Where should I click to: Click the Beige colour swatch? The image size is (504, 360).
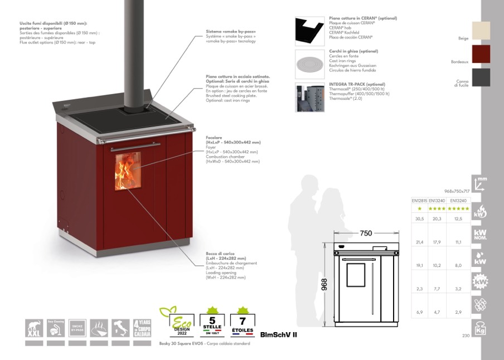[x=481, y=30]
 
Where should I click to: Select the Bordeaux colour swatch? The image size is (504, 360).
[x=481, y=54]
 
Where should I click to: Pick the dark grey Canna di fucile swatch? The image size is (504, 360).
[x=481, y=77]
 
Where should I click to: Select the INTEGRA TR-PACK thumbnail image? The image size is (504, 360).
[x=309, y=97]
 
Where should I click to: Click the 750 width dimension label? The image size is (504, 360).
[x=366, y=233]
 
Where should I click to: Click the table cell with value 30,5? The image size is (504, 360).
[x=419, y=219]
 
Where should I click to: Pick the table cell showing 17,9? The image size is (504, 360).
[x=437, y=242]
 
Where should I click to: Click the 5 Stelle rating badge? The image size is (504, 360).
[x=211, y=321]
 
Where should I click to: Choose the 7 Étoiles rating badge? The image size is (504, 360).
[x=242, y=321]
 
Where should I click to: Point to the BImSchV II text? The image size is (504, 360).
[x=279, y=335]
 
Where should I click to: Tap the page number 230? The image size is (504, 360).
[x=466, y=335]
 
